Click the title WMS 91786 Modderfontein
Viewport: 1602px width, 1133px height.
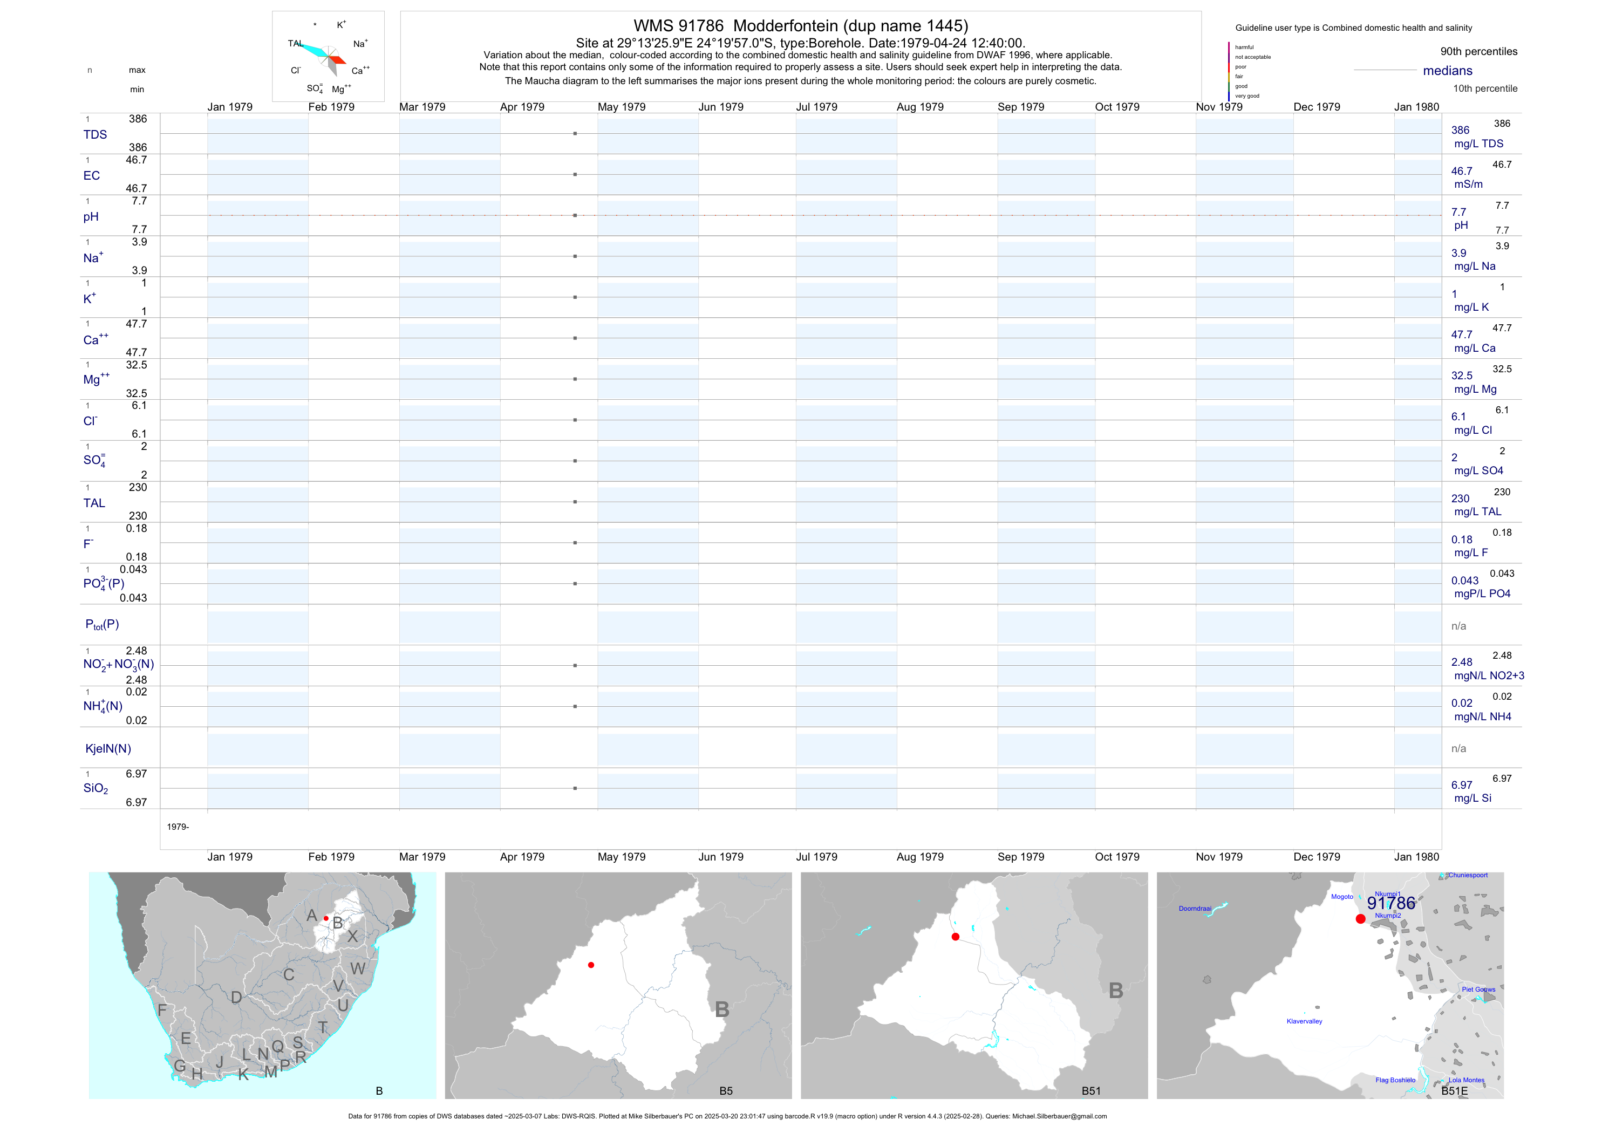point(800,26)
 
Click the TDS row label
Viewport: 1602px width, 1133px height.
point(95,135)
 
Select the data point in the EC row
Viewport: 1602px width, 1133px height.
point(575,174)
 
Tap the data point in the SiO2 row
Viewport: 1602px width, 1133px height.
point(575,788)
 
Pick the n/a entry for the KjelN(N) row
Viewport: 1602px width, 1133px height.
point(1458,749)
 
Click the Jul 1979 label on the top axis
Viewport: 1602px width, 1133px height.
point(816,107)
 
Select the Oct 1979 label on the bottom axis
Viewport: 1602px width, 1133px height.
point(1117,857)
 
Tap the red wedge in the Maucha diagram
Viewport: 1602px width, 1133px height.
point(338,60)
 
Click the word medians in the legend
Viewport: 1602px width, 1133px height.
point(1448,71)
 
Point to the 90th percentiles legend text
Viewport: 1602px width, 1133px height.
point(1478,52)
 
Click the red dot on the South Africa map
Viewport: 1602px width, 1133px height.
point(326,918)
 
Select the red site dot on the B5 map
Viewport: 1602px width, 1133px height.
point(591,965)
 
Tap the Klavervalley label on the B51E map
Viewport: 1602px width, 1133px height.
point(1304,1021)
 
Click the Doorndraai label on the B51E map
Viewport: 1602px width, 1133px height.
point(1195,909)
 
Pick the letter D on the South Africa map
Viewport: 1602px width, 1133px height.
point(236,998)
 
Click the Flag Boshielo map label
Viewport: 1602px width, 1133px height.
point(1395,1080)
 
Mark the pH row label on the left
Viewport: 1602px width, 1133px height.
point(91,217)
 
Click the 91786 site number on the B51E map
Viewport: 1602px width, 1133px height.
point(1390,904)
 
